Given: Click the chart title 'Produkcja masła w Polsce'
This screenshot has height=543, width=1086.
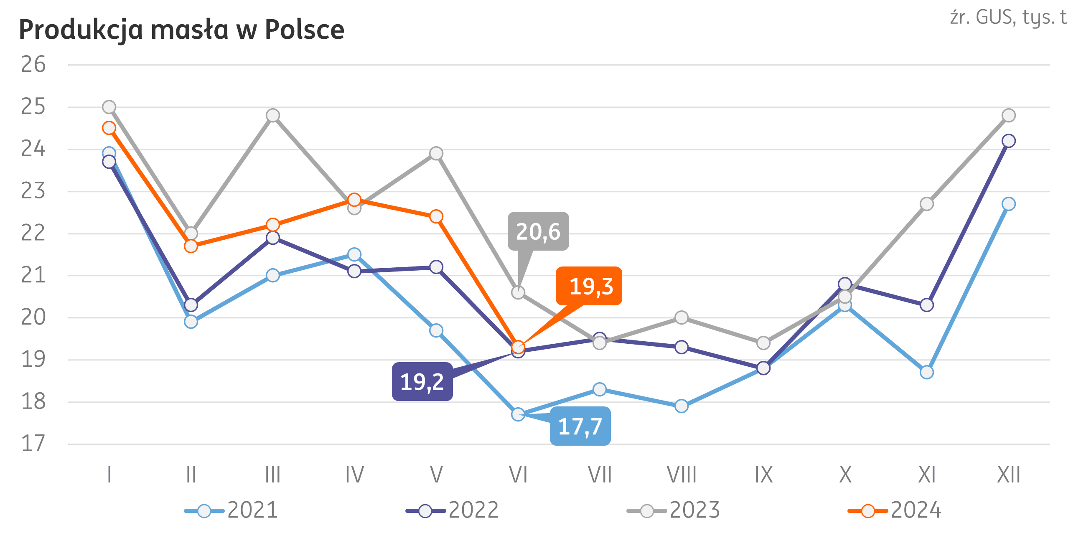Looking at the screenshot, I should (181, 30).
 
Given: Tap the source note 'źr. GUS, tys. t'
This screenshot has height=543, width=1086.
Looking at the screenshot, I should (1008, 18).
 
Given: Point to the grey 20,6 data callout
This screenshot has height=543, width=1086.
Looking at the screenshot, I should (538, 231).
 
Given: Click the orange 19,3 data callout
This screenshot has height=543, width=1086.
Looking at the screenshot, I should (589, 286).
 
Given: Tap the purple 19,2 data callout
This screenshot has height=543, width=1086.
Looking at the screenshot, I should (422, 381).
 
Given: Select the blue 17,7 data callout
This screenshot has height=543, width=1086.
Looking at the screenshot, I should (580, 426).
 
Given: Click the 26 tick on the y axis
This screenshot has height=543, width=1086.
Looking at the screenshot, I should (33, 64).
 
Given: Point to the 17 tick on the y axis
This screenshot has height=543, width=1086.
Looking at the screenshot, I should (33, 444).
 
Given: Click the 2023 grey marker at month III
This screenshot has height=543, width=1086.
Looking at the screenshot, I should (273, 115).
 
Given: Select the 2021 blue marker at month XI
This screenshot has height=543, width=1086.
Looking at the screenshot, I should (927, 372).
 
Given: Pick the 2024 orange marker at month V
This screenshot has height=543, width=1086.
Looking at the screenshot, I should (436, 216).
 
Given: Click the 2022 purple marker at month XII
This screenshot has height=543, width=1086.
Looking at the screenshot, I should (1008, 140).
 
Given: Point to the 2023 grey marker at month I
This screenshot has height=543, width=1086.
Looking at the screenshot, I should (109, 107).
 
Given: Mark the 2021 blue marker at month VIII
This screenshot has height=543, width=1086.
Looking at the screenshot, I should (681, 406).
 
